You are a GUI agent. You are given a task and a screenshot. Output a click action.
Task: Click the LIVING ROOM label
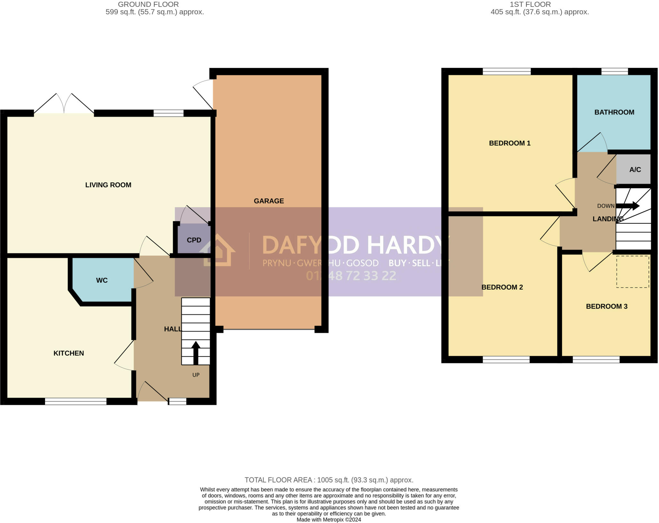click(x=108, y=185)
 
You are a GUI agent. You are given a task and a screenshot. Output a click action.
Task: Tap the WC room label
click(x=102, y=280)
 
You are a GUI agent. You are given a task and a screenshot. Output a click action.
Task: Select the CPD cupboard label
click(x=194, y=240)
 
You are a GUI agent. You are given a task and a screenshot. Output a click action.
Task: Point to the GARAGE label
click(x=269, y=201)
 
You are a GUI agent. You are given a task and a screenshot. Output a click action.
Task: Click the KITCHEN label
click(x=69, y=353)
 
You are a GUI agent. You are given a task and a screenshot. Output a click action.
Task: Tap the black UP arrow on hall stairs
click(x=196, y=352)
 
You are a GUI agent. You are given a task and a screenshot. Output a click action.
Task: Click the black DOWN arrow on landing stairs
click(x=627, y=206)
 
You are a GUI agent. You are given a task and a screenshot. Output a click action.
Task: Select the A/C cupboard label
click(x=635, y=170)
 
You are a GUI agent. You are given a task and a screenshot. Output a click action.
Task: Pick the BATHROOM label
click(x=614, y=112)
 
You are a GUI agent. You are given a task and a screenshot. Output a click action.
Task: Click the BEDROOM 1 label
click(x=509, y=143)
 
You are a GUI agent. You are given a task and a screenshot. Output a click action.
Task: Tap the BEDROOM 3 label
click(x=607, y=306)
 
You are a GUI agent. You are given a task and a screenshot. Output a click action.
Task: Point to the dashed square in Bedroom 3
click(x=632, y=272)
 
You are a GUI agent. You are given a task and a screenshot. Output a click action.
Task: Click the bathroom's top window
click(x=614, y=71)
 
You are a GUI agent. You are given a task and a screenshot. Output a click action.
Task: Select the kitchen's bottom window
click(x=76, y=401)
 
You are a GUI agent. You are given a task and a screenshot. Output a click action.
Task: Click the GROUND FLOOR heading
click(x=148, y=5)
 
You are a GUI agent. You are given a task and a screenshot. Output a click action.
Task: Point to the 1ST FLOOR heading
click(x=530, y=5)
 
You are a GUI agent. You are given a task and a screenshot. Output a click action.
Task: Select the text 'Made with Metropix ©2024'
click(x=329, y=519)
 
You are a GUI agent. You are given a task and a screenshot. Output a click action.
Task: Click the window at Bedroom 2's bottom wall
click(x=506, y=360)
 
